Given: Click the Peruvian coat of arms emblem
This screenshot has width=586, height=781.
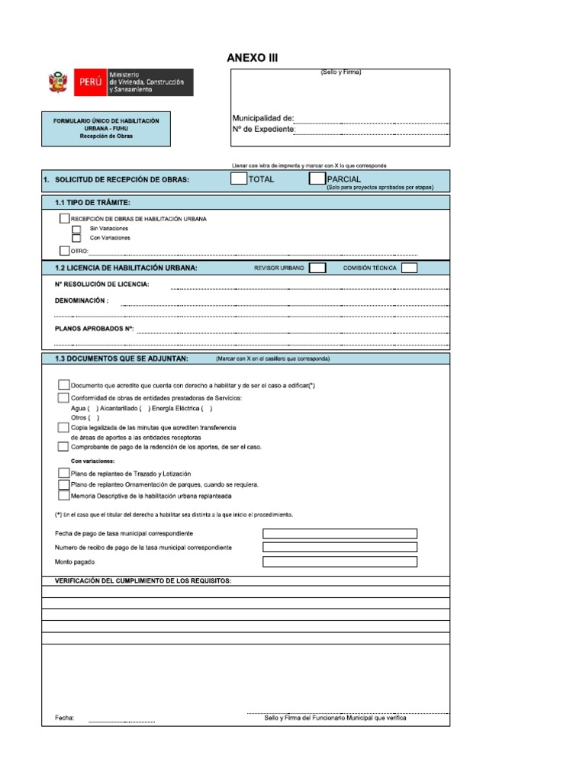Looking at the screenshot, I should click(x=57, y=82).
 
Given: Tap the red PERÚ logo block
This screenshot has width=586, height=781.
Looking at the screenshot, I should click(x=89, y=82).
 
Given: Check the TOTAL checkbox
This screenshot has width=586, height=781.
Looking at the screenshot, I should click(x=239, y=179).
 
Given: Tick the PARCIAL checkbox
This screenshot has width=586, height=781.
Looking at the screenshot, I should click(x=317, y=179).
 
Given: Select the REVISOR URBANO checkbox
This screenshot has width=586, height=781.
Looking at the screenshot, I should click(x=317, y=268).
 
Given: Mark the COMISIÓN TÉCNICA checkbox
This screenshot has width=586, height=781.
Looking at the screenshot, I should click(x=409, y=268).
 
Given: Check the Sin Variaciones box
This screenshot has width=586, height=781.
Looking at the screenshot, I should click(x=76, y=229).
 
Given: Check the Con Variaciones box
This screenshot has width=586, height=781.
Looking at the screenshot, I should click(x=76, y=238).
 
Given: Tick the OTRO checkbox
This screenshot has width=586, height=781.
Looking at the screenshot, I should click(x=64, y=250).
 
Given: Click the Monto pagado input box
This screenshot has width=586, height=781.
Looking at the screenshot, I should click(x=340, y=562).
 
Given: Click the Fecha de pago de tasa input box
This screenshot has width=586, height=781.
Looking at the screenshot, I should click(x=340, y=533).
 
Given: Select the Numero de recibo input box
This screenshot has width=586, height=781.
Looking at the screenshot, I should click(x=340, y=548).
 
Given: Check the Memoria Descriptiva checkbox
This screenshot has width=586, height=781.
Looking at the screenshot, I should click(x=63, y=496).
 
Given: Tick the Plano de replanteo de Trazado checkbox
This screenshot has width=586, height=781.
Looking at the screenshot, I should click(x=63, y=474).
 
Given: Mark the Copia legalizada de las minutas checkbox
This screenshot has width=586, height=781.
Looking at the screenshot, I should click(x=63, y=428).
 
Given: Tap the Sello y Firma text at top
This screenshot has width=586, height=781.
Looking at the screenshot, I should click(x=341, y=72).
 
